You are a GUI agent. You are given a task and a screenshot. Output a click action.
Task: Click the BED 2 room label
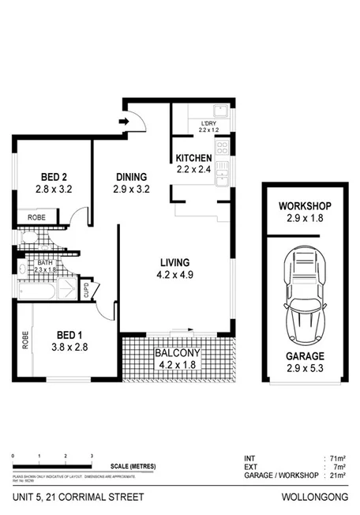[x=54, y=177]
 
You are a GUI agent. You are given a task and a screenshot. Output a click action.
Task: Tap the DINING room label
[x=130, y=177]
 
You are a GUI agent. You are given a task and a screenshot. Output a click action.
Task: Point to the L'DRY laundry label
[x=208, y=124]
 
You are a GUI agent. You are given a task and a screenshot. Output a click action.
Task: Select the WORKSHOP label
[x=303, y=207]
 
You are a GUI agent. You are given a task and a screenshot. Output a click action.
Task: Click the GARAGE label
[x=303, y=357]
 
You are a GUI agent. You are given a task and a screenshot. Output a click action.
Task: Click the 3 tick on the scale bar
[x=92, y=457]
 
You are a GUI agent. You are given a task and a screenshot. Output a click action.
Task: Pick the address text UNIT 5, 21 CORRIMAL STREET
[x=66, y=496]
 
